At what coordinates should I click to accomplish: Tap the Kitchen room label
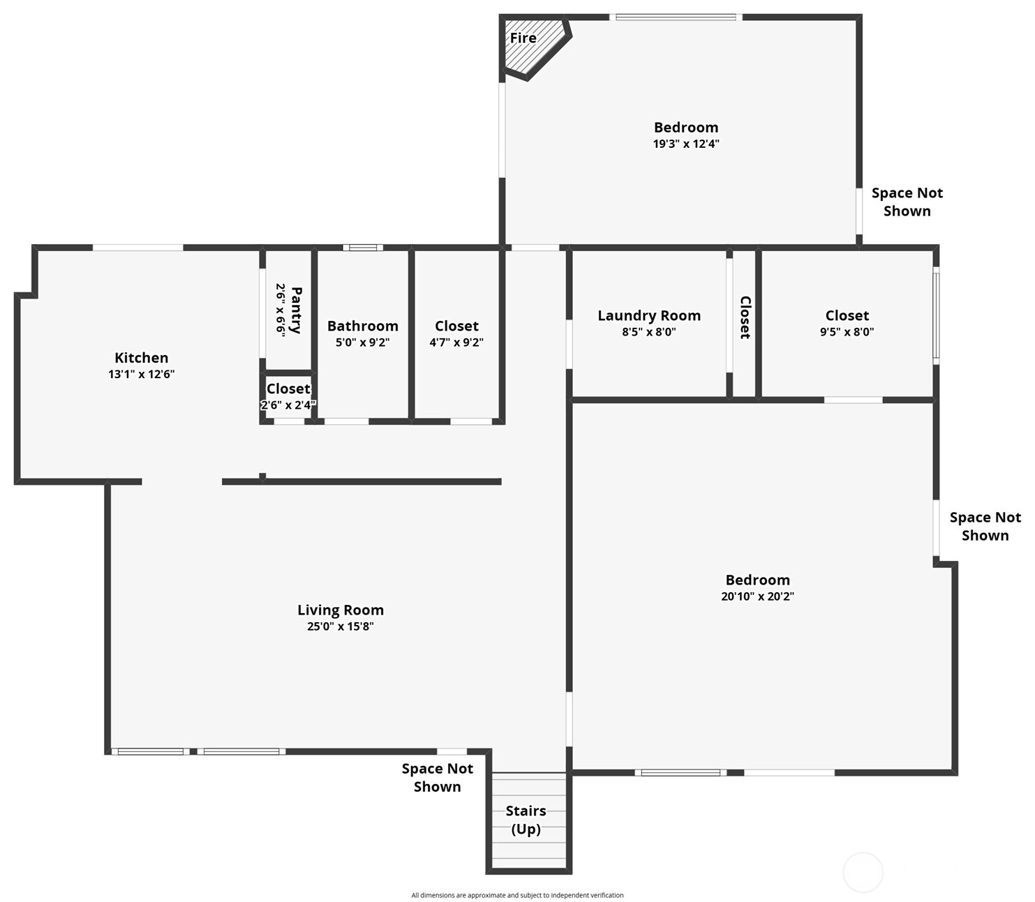click(x=141, y=358)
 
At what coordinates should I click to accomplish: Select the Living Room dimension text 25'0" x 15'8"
click(x=340, y=626)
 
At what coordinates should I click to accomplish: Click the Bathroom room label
click(x=362, y=326)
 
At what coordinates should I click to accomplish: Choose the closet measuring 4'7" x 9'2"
click(x=456, y=333)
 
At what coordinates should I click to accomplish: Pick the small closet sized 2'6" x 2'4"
click(x=288, y=396)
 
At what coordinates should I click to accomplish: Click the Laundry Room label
click(x=649, y=315)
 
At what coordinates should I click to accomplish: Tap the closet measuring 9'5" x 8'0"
click(x=847, y=323)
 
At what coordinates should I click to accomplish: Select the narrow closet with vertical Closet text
click(x=745, y=317)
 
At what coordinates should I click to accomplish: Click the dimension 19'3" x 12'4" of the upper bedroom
click(x=686, y=144)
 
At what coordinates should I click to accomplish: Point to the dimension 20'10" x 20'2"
click(x=757, y=596)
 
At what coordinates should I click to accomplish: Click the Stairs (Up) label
click(x=526, y=820)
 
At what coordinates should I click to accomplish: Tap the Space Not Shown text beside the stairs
click(x=437, y=777)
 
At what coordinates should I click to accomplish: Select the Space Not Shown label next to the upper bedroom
click(x=907, y=202)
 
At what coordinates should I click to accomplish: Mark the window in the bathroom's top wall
click(x=363, y=248)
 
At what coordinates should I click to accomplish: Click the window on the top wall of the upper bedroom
click(x=676, y=17)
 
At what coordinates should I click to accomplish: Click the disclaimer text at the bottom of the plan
click(x=517, y=895)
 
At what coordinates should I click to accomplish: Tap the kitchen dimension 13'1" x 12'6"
click(x=141, y=374)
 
